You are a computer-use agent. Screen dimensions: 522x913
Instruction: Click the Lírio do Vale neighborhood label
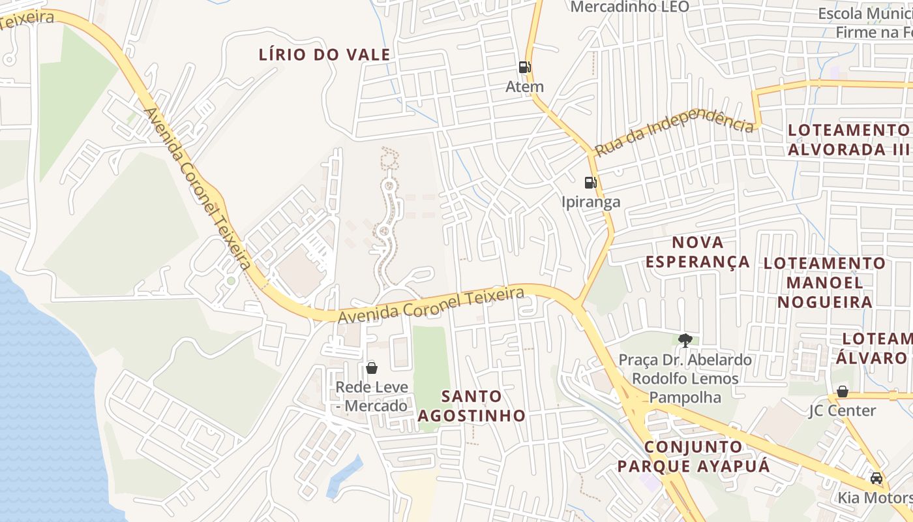pos(324,55)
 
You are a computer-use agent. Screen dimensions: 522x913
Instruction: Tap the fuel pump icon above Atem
pos(524,67)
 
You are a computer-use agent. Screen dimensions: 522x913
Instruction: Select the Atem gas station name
pos(524,86)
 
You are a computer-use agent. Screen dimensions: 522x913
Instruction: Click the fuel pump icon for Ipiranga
pos(590,183)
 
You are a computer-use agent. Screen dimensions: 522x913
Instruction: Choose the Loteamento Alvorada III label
pos(848,140)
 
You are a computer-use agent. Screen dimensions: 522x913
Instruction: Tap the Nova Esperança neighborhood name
pos(698,252)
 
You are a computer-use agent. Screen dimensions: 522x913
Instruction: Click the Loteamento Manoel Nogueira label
pos(824,283)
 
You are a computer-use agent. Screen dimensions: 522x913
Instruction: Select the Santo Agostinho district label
pos(471,405)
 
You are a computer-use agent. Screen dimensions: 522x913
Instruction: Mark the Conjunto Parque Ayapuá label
pos(693,456)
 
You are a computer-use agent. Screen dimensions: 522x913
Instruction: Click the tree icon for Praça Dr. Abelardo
pos(685,340)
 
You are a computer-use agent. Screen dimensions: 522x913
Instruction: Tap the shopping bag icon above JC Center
pos(842,391)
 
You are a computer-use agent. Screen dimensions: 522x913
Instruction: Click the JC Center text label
pos(842,410)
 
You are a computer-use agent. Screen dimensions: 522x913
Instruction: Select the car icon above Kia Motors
pos(876,478)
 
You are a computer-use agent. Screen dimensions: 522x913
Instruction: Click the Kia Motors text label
pos(874,498)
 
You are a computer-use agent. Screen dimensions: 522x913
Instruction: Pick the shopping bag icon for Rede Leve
pos(372,368)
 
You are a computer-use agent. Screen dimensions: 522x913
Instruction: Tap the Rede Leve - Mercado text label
pos(372,396)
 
